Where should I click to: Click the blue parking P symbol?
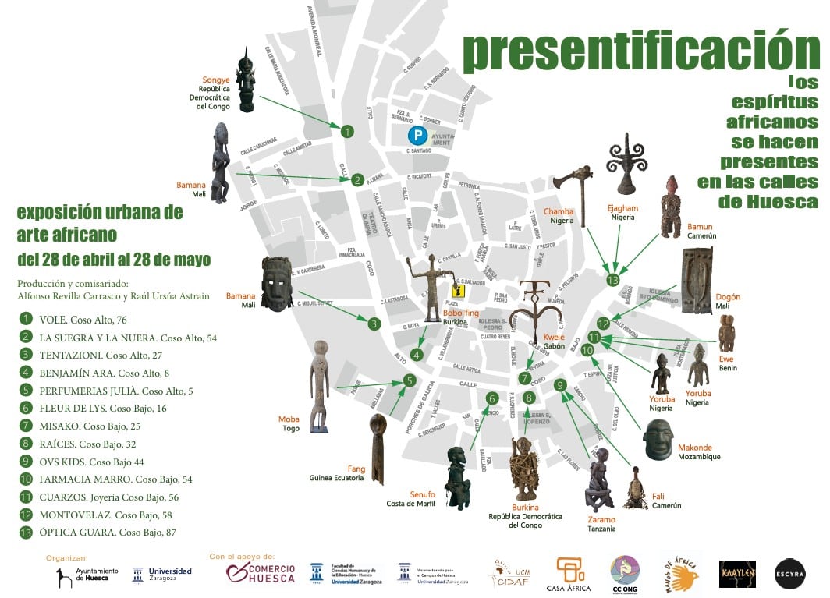pyautogui.click(x=420, y=135)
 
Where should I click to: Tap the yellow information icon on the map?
pyautogui.click(x=458, y=292)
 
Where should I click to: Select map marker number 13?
pyautogui.click(x=613, y=279)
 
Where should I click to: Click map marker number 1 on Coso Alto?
pyautogui.click(x=347, y=132)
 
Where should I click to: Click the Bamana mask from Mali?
pyautogui.click(x=277, y=283)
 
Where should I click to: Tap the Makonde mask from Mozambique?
pyautogui.click(x=658, y=439)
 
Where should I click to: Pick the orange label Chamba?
pyautogui.click(x=559, y=211)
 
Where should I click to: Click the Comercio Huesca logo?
pyautogui.click(x=261, y=574)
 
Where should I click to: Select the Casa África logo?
pyautogui.click(x=568, y=575)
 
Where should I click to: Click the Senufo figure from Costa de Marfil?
pyautogui.click(x=457, y=478)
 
